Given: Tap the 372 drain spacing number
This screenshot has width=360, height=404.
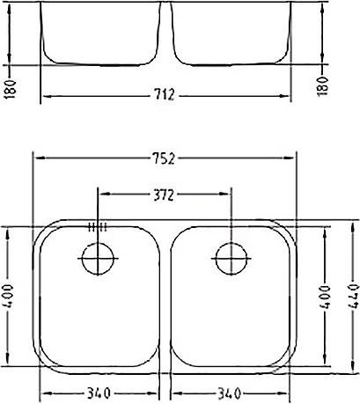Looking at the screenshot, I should coord(164,193).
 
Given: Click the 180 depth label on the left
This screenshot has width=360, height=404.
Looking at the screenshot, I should coord(9,88).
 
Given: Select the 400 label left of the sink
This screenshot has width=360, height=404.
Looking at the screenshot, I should coord(9,297).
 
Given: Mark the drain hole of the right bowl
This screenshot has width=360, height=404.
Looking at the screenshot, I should coord(231,259).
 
